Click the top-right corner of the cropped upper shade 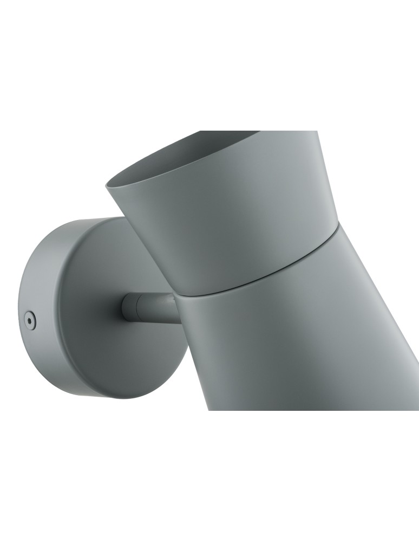click(317, 132)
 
